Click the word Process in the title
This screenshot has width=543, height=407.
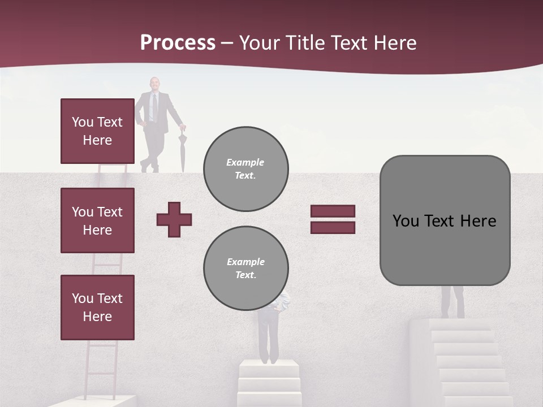tap(178, 43)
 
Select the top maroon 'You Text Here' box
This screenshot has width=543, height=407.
tap(97, 131)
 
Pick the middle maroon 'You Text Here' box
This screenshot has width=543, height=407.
tap(97, 220)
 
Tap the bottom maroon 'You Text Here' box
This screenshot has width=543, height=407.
tap(97, 308)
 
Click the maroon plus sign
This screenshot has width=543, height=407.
tap(174, 219)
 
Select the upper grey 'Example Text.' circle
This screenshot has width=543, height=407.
tap(245, 168)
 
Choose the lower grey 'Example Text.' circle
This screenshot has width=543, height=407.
tap(245, 268)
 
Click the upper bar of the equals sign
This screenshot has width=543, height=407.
tap(333, 211)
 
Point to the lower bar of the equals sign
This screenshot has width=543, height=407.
tap(333, 227)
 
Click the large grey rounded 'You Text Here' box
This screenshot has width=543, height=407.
tap(445, 220)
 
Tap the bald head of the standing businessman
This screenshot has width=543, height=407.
tap(154, 83)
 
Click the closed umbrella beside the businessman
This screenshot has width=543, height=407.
tap(182, 150)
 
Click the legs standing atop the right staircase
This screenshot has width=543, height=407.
tap(453, 302)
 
